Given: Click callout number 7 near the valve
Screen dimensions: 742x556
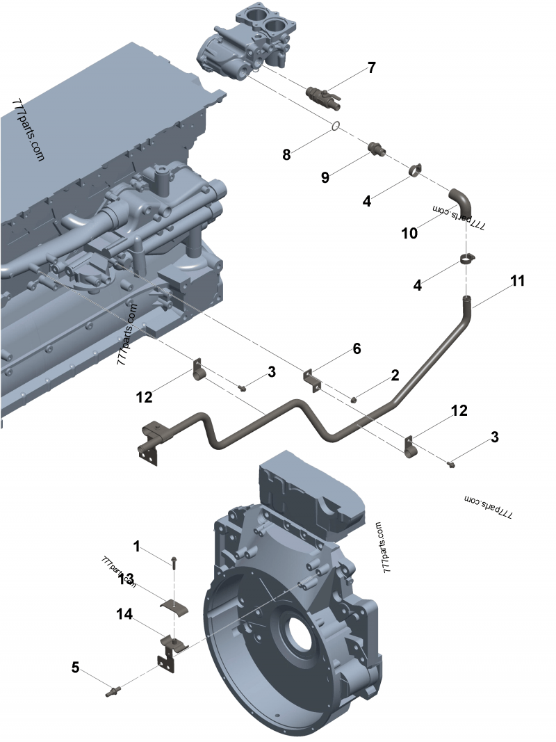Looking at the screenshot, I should (x=371, y=67).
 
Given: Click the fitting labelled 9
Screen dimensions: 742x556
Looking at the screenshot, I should (x=375, y=148).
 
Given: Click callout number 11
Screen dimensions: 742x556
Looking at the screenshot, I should (x=517, y=281).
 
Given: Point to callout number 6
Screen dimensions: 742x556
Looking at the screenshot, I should (x=357, y=348).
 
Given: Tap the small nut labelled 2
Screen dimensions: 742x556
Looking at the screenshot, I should (x=354, y=399).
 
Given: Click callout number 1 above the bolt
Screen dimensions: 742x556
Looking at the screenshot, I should (x=137, y=546).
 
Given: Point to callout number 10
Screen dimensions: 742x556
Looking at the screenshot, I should (x=409, y=233).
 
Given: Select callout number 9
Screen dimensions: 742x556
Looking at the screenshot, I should (x=325, y=177).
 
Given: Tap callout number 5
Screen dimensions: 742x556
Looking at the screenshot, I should (x=75, y=668).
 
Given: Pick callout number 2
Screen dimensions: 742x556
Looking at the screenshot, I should (x=395, y=376).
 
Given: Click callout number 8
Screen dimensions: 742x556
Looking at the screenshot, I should (x=286, y=154).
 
